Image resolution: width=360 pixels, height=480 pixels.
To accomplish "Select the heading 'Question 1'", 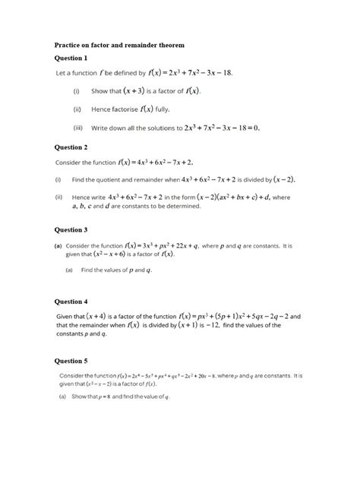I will [x=71, y=58].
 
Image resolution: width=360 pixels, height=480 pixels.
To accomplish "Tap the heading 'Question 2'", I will [x=71, y=147].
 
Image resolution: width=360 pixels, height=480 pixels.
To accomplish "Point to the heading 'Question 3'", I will [x=71, y=229].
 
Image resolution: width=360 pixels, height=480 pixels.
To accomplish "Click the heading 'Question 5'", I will [x=71, y=361].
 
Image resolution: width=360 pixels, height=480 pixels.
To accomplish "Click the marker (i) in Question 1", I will [x=77, y=90].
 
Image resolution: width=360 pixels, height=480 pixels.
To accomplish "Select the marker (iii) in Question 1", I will [x=77, y=128].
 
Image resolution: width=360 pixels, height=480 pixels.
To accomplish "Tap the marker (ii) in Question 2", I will [x=58, y=197].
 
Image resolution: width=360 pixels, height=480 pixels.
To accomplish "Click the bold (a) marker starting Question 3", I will [x=58, y=247].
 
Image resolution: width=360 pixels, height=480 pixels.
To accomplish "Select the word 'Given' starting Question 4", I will [x=65, y=316].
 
